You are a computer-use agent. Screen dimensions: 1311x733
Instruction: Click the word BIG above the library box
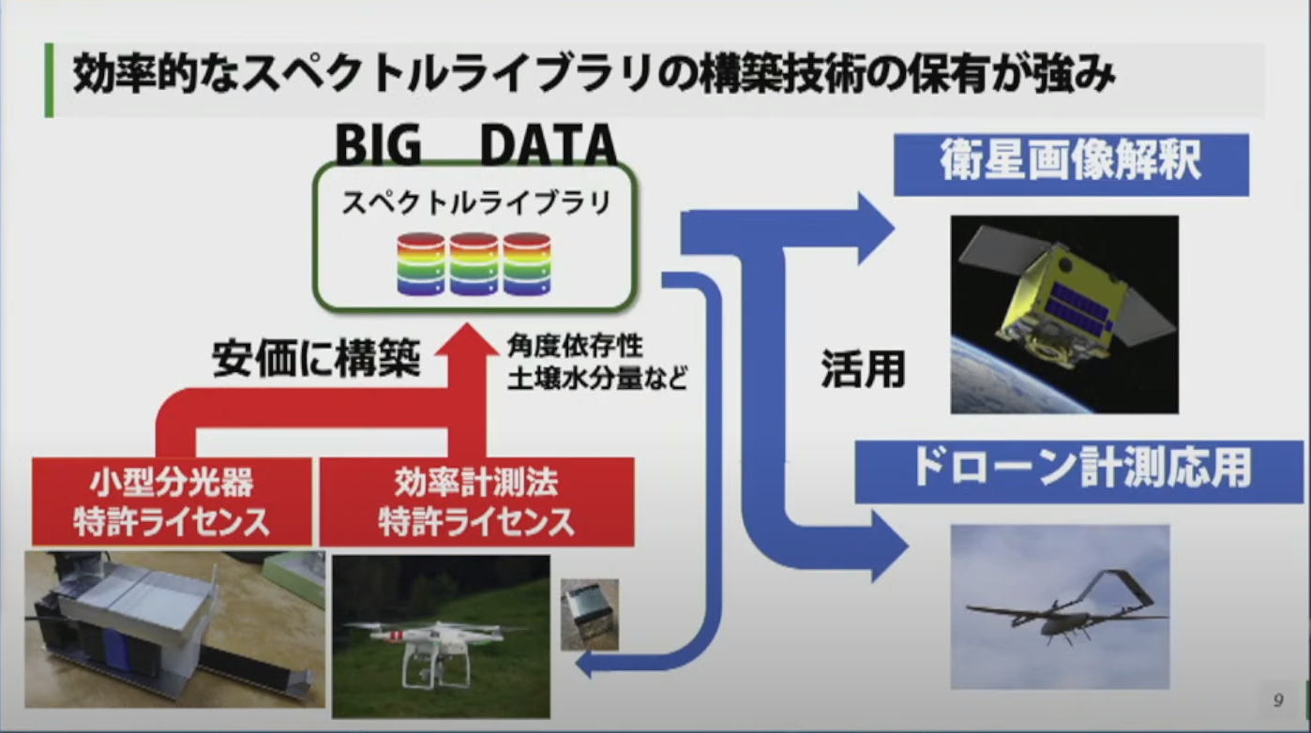click(378, 144)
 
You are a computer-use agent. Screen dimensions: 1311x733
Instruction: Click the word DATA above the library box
click(549, 144)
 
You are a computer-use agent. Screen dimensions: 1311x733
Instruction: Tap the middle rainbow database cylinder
click(475, 264)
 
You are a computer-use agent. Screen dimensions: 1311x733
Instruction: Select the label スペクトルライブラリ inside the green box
click(475, 202)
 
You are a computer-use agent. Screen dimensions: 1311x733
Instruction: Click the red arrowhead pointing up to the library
click(467, 340)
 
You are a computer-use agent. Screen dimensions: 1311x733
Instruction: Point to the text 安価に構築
click(316, 358)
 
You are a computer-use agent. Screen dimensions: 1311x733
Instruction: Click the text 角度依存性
click(575, 346)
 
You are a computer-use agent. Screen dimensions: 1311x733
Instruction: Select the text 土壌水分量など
click(597, 379)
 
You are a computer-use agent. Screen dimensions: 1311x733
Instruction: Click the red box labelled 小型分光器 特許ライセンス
click(172, 501)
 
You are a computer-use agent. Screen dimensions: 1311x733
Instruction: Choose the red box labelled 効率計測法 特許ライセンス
click(476, 501)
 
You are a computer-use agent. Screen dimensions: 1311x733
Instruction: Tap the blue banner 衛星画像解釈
click(1071, 164)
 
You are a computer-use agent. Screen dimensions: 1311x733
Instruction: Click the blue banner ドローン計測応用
click(1079, 471)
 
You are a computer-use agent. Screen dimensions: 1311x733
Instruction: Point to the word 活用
click(864, 369)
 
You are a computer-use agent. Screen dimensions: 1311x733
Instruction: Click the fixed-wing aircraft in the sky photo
click(1061, 613)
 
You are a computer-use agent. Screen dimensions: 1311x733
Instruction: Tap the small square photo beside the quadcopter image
click(589, 614)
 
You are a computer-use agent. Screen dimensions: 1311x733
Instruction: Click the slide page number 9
click(1278, 699)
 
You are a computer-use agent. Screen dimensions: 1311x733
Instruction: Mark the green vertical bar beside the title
click(49, 81)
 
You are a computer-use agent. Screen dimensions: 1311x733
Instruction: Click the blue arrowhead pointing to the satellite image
click(876, 230)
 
